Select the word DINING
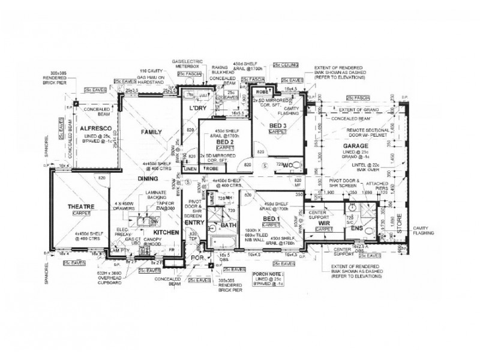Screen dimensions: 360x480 [147, 179]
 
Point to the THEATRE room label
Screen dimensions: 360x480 [80, 206]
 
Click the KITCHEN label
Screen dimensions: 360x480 [165, 232]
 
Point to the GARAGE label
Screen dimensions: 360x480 [355, 146]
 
